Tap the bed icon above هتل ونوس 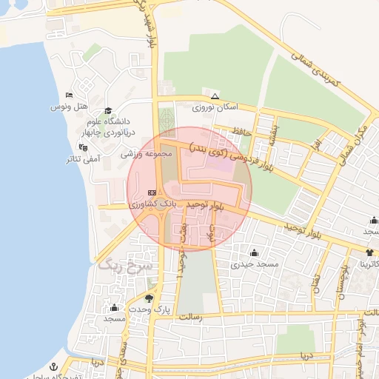point(68,95)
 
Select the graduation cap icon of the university point(108,110)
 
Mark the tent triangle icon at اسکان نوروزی point(215,96)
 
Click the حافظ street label point(242,131)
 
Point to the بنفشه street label point(275,133)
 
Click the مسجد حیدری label point(254,264)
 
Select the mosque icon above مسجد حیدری point(254,252)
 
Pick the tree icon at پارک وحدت point(150,298)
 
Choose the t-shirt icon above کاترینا point(369,253)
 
